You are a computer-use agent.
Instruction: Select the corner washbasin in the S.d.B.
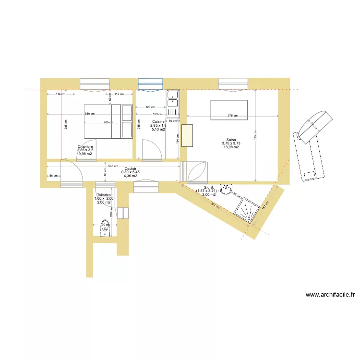(225, 188)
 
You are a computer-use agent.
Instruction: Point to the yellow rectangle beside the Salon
(187, 136)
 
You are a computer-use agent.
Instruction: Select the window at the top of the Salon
(233, 84)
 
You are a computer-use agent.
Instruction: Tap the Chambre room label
(85, 146)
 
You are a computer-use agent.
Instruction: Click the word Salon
(231, 140)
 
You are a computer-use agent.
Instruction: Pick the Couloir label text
(131, 168)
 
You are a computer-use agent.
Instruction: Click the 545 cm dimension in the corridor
(113, 166)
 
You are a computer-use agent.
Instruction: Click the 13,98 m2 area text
(231, 147)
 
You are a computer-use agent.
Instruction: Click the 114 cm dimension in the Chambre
(60, 94)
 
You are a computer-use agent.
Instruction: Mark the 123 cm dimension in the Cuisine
(150, 107)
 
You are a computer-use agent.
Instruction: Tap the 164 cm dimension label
(178, 139)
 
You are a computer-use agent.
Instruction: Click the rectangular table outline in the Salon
(229, 110)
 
